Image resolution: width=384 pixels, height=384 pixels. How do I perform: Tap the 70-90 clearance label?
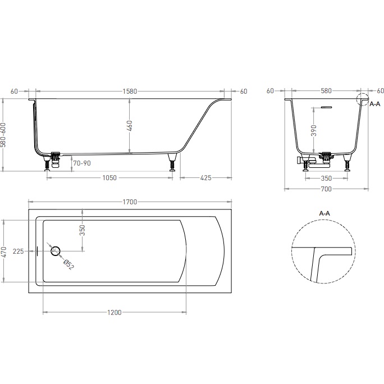pos(81,163)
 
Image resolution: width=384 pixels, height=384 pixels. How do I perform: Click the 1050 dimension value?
pos(109,178)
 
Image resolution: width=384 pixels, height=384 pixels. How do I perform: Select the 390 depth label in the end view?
pos(314,130)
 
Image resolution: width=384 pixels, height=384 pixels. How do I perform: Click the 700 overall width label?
pos(326,189)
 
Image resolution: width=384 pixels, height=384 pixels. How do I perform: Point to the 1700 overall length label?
pos(130,202)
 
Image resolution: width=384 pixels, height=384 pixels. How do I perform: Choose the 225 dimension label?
pos(18,252)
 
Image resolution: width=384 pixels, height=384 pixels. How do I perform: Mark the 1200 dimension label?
pos(115,313)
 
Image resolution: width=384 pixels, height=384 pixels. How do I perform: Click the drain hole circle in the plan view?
pos(56,251)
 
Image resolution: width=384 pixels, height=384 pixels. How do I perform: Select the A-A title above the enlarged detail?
pos(324,214)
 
